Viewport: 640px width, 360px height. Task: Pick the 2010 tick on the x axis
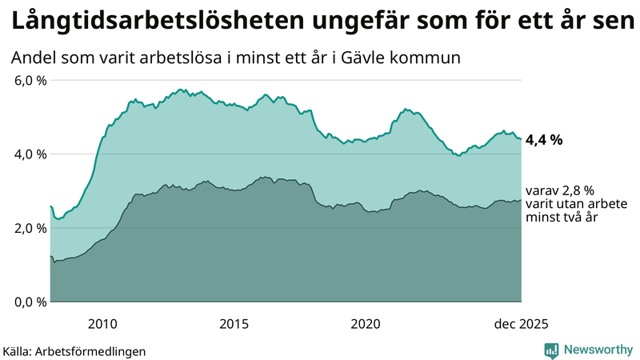[102, 324]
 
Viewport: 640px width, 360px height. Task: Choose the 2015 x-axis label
[234, 324]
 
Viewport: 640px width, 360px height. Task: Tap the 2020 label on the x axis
[365, 324]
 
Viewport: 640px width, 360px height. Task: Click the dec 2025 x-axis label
[521, 324]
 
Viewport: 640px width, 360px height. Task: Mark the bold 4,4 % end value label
[544, 139]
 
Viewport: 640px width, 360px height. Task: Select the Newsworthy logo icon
[551, 350]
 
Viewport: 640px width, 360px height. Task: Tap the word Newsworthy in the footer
[598, 350]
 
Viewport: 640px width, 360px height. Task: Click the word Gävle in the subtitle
[381, 58]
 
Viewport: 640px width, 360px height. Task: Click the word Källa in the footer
[18, 351]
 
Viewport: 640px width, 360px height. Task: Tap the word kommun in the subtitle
[435, 58]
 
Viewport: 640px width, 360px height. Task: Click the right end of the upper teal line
[521, 139]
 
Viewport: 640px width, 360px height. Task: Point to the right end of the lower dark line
[521, 200]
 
